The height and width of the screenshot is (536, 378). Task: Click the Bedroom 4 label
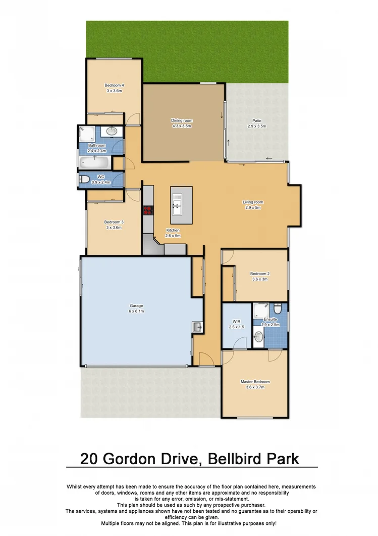114,85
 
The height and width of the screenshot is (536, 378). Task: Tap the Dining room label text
182,120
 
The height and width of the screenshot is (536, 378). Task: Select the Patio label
257,120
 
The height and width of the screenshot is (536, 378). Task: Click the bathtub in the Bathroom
94,162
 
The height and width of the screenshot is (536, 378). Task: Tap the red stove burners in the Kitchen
148,211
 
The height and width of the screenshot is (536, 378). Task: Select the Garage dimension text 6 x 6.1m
136,311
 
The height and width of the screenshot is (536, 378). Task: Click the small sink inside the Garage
196,327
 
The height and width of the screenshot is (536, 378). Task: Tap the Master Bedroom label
255,382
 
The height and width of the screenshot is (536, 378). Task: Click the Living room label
253,202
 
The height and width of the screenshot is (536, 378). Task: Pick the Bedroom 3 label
114,222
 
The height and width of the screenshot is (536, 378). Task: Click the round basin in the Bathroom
112,131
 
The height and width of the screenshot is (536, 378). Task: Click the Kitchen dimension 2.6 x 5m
173,236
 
